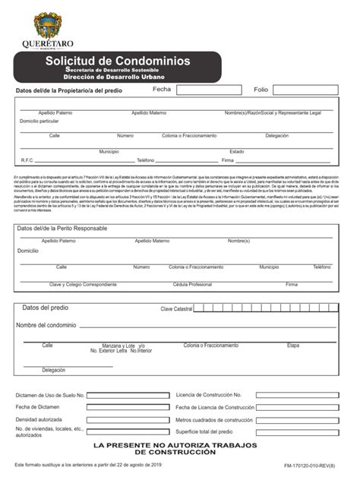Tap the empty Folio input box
[x=311, y=90]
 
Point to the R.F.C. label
[x=28, y=160]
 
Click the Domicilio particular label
[x=39, y=121]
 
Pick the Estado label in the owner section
[x=237, y=151]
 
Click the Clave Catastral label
[x=176, y=309]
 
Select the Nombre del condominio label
[x=46, y=325]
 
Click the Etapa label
[x=293, y=345]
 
